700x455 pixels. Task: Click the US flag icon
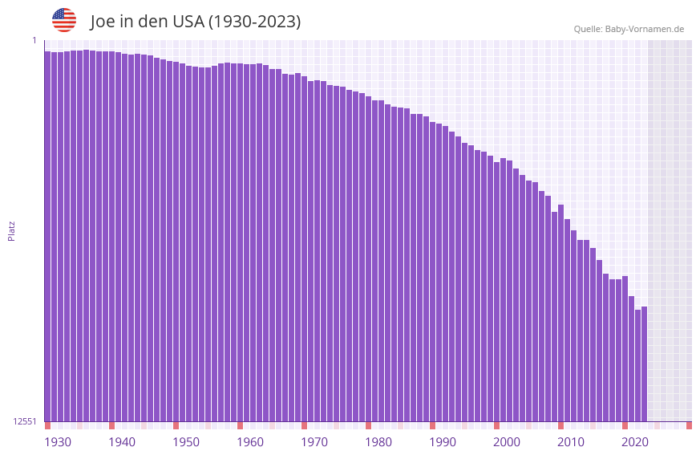point(64,20)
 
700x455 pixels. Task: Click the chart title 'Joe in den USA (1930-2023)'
point(196,22)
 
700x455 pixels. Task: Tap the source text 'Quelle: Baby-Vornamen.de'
point(629,29)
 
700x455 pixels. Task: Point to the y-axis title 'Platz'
point(11,230)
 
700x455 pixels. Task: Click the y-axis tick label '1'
point(34,40)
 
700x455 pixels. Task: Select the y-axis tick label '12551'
point(25,421)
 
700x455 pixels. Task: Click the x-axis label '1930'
point(58,442)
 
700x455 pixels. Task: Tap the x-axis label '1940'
point(122,442)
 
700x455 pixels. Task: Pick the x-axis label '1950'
point(186,442)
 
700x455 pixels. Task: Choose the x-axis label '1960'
point(250,442)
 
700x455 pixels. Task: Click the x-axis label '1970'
point(314,442)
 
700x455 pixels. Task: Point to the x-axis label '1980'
point(378,442)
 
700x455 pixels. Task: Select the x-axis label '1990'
point(443,442)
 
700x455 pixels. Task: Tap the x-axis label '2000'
point(507,442)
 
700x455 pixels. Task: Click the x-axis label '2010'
point(571,442)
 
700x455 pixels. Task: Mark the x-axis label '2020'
point(635,442)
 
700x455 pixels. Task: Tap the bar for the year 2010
point(567,320)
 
